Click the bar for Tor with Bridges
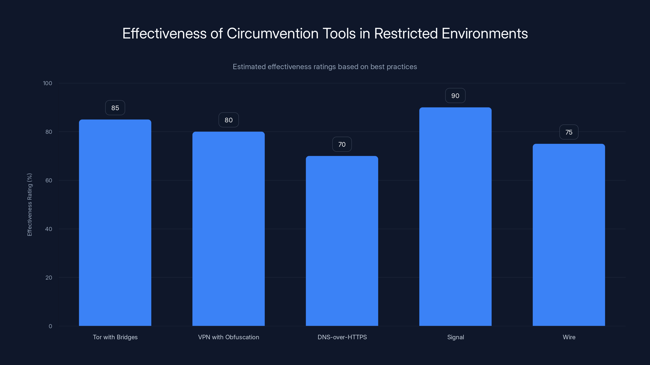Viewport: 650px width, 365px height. (115, 223)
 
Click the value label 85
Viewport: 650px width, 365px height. (115, 108)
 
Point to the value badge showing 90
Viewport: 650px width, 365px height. (455, 96)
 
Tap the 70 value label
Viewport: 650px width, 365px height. (342, 144)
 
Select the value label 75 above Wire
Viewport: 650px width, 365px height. (569, 132)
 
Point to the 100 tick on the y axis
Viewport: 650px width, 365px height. (48, 83)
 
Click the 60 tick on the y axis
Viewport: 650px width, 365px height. (49, 180)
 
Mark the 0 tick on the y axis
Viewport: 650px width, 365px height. (50, 326)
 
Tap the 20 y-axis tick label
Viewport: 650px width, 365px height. (49, 278)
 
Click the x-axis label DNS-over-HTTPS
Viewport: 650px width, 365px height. (342, 337)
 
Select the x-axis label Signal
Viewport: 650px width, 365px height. (455, 337)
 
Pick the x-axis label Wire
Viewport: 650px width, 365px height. (569, 337)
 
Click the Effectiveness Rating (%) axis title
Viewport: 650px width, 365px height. (29, 205)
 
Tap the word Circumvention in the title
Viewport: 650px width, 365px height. (273, 33)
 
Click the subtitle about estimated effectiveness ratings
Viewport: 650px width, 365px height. (325, 67)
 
